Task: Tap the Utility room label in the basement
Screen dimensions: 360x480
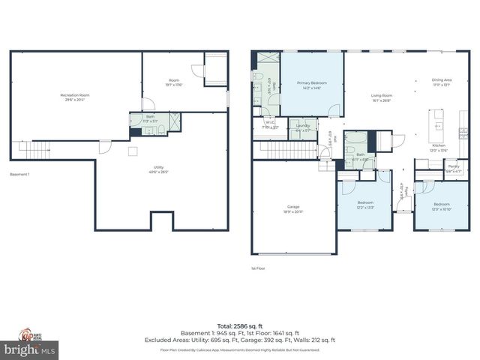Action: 159,169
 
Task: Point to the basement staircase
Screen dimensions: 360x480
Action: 34,152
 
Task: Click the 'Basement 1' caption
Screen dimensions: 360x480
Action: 19,175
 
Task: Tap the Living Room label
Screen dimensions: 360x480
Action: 382,97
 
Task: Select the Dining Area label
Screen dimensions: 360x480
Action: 441,82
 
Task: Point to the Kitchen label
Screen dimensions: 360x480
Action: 439,148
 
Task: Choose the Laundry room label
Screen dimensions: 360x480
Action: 303,127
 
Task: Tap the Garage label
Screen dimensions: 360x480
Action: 293,209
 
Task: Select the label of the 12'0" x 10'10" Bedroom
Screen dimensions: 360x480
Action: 441,205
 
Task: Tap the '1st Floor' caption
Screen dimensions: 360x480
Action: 259,268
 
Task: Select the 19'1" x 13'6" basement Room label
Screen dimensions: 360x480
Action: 174,83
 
